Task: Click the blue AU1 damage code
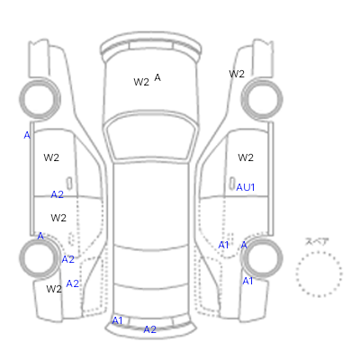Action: point(246,187)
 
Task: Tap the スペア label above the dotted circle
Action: point(317,241)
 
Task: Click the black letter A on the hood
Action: point(157,77)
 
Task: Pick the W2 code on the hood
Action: point(141,82)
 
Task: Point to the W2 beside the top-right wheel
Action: point(237,74)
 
